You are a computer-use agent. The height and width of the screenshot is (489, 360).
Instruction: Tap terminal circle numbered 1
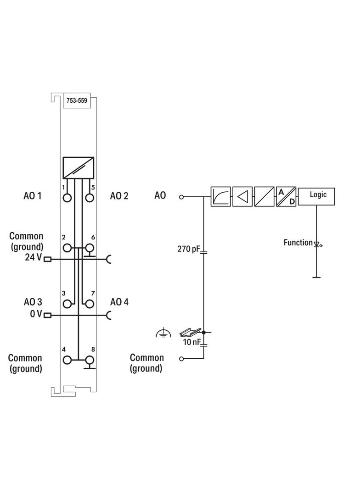coord(68,198)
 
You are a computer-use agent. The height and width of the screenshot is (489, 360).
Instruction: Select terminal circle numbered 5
coord(90,198)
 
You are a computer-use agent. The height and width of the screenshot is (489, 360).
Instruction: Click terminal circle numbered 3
coord(68,304)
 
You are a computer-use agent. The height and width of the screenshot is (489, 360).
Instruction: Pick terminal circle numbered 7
coord(90,304)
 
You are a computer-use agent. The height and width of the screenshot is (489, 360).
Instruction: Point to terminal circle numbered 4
coord(68,360)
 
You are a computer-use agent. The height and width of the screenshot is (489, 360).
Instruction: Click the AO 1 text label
coord(33,196)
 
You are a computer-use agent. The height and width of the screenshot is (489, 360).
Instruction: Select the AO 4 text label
coord(119,302)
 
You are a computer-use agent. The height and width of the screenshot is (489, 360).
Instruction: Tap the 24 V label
coord(33,258)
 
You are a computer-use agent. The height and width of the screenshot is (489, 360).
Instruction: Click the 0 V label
coord(36,314)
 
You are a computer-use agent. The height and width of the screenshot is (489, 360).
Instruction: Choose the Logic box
coord(317,196)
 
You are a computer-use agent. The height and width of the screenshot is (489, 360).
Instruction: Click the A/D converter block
coord(286,196)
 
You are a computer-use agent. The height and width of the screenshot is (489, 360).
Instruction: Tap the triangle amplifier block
coord(242,196)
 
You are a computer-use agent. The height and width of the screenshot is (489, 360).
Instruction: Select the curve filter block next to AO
coord(221,196)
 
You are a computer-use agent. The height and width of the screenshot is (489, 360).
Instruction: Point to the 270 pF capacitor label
coord(189,250)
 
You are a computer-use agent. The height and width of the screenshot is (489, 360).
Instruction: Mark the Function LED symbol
coord(316,244)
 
